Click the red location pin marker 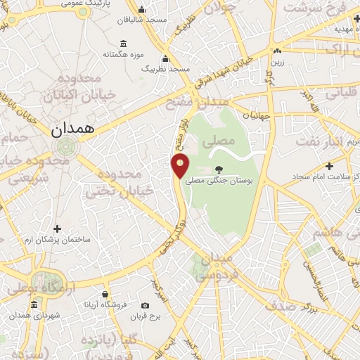pyautogui.click(x=181, y=165)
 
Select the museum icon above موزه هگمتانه pyautogui.click(x=124, y=43)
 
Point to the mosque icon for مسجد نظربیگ pyautogui.click(x=165, y=59)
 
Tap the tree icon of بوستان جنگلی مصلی pyautogui.click(x=219, y=169)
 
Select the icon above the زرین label pyautogui.click(x=277, y=51)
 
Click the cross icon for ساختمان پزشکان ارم pyautogui.click(x=57, y=229)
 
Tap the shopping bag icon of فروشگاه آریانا pyautogui.click(x=105, y=293)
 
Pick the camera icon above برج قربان pyautogui.click(x=145, y=306)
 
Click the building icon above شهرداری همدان pyautogui.click(x=34, y=304)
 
